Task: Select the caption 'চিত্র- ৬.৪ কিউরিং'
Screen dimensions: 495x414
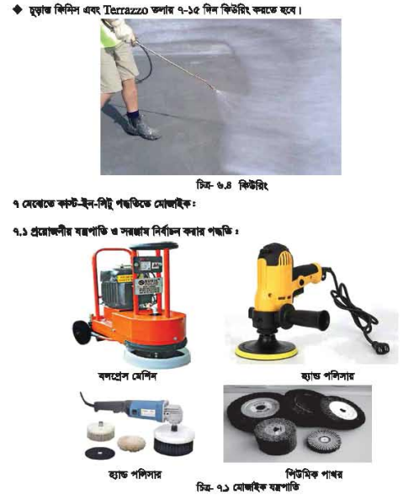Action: (230, 184)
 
